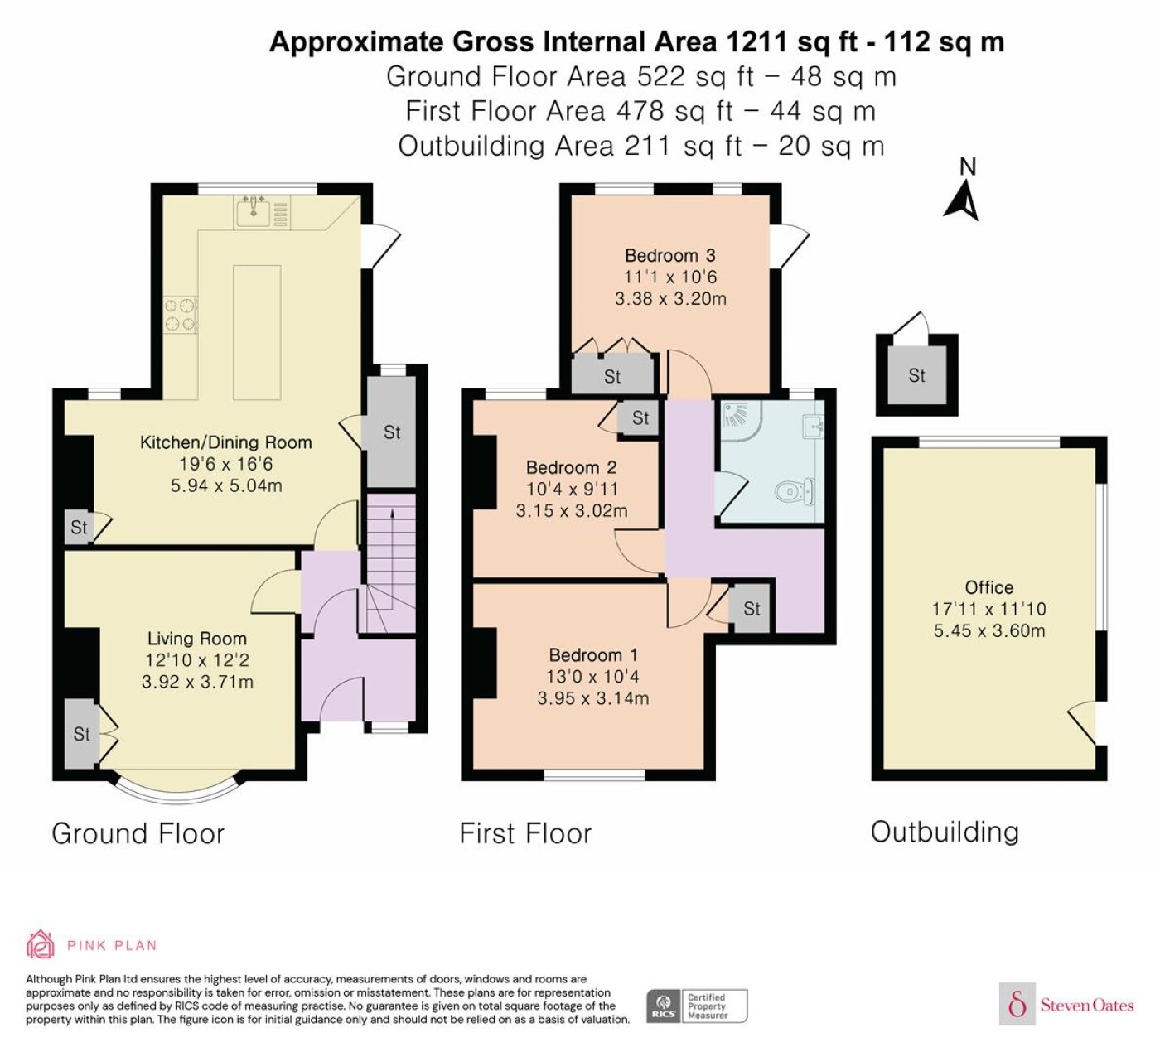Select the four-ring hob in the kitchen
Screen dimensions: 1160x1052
(181, 316)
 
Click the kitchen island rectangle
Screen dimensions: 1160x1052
(257, 332)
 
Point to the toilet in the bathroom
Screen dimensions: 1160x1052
(795, 491)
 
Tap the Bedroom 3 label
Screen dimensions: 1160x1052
(670, 255)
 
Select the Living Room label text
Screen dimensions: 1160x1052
(197, 638)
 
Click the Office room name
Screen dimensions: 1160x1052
(988, 587)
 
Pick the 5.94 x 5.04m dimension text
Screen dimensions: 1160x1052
(227, 485)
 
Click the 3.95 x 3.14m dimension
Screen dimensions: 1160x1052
(592, 698)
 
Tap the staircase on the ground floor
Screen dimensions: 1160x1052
(391, 563)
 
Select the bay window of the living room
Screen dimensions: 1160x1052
(177, 789)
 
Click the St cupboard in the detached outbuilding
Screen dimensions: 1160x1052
(916, 375)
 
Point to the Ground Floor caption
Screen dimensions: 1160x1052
(138, 833)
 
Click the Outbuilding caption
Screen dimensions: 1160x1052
(945, 832)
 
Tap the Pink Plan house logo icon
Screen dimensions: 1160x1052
(41, 944)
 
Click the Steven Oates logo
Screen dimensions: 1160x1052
(1066, 1005)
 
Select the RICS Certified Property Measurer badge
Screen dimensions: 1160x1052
(697, 1006)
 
